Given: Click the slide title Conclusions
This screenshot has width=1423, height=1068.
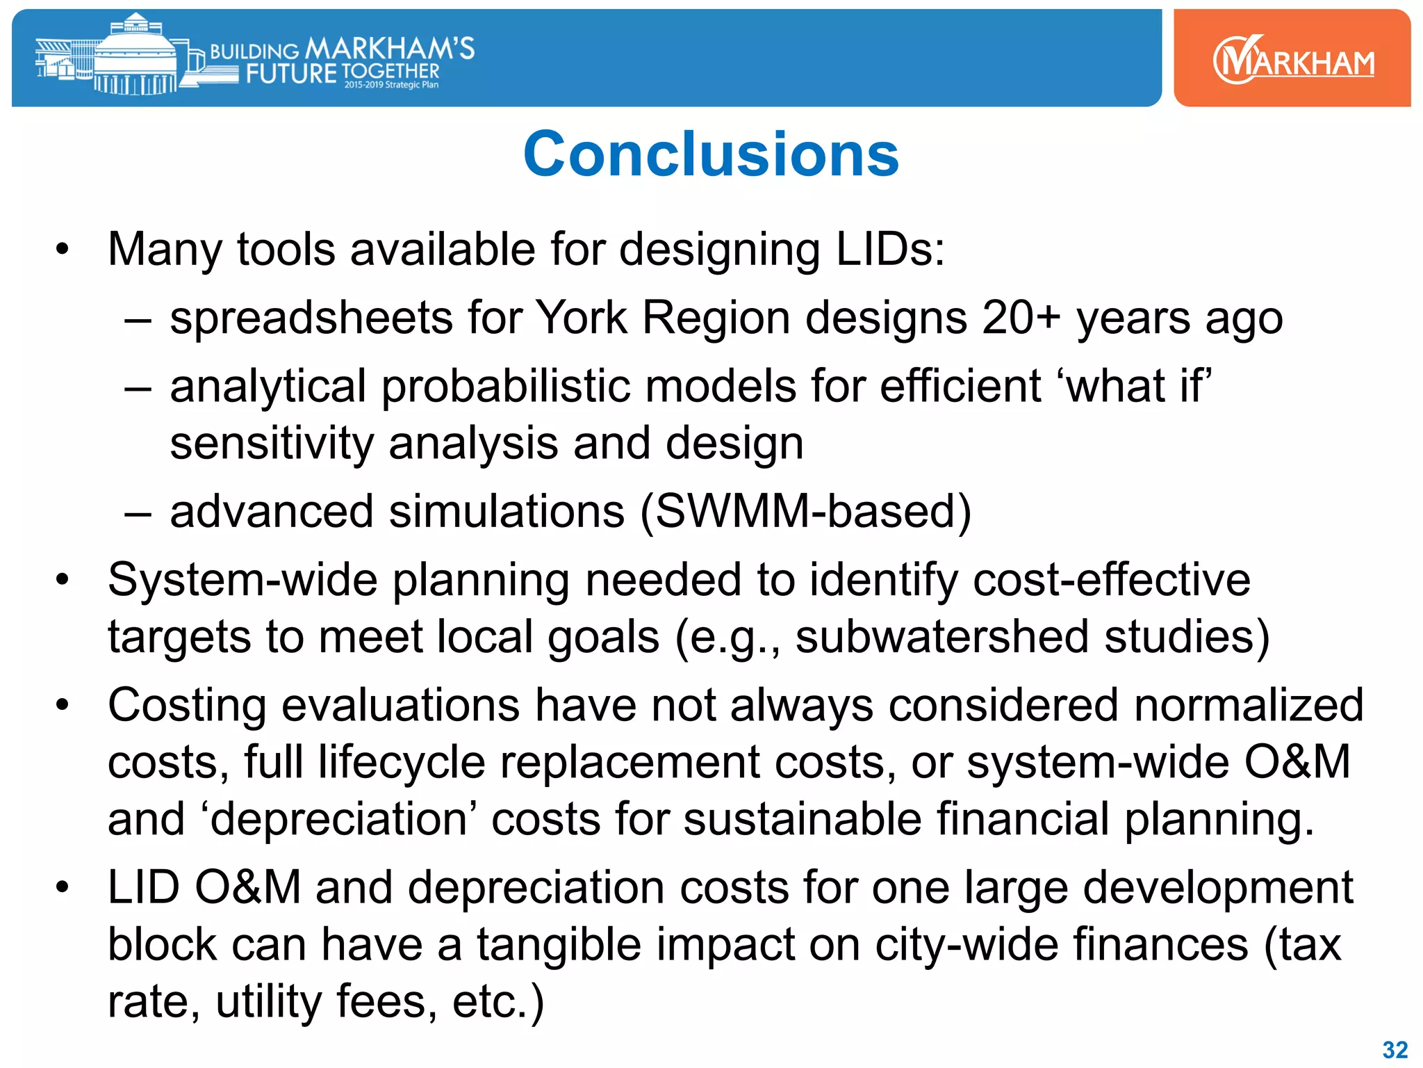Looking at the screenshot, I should [x=711, y=154].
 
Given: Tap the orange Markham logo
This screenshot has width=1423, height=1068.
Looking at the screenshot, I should [x=1292, y=59].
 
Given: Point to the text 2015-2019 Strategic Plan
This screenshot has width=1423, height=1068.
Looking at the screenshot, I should [x=391, y=85].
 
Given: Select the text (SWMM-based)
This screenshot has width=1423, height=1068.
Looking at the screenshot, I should [x=805, y=512].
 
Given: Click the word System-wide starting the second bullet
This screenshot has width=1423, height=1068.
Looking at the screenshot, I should [x=242, y=580].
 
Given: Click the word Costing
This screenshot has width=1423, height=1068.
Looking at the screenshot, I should [x=187, y=705].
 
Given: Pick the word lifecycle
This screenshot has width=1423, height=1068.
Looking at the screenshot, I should [x=402, y=762].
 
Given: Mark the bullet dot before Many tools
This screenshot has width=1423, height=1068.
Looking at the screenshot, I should [x=63, y=250].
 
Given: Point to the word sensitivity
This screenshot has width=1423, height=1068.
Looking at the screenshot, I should [x=272, y=444].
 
